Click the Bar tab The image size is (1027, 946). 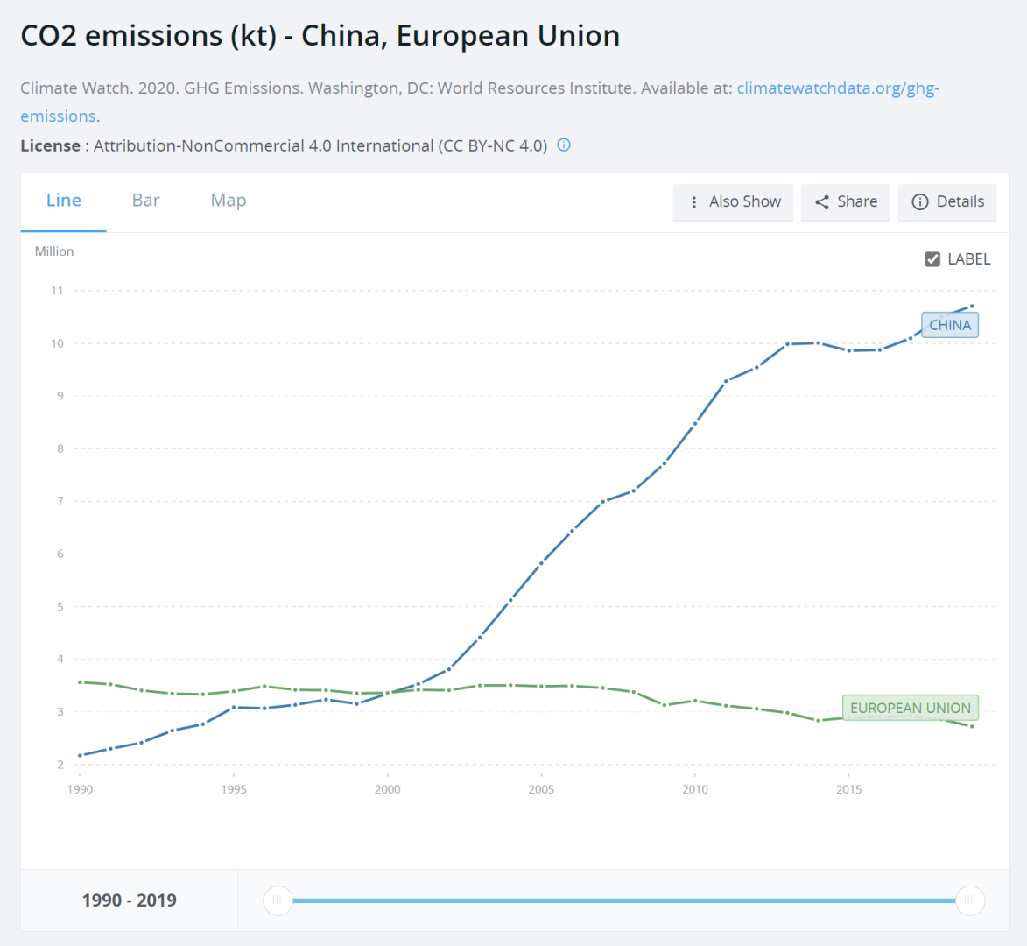pos(145,201)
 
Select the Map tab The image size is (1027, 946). pos(229,201)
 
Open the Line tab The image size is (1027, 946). pos(64,201)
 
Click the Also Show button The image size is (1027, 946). pos(733,202)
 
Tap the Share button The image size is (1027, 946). pos(845,202)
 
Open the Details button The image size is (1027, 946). pos(947,202)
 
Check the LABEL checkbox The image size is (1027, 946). pos(932,259)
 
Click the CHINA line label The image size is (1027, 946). pos(949,325)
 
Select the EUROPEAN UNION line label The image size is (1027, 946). pos(910,708)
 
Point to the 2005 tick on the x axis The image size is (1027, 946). pos(541,789)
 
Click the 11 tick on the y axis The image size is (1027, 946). pos(57,291)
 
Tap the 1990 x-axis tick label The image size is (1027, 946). pos(80,789)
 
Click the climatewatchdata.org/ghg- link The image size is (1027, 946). pos(838,88)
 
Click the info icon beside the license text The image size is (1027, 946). pos(564,145)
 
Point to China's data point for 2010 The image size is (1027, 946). pos(695,423)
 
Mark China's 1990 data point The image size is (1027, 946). pos(80,755)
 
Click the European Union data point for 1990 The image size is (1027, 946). pos(80,681)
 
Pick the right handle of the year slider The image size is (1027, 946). pos(969,900)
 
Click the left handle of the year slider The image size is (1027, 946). pos(278,900)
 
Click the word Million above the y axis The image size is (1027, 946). pos(54,251)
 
